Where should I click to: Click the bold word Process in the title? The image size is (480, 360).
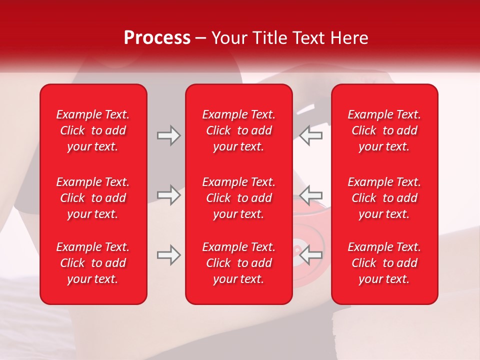point(157,38)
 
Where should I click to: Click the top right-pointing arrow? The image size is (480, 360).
point(168,135)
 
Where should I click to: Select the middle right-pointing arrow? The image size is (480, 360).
point(168,195)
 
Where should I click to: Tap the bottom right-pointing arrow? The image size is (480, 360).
point(168,255)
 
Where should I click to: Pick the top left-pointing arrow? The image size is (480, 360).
point(311,135)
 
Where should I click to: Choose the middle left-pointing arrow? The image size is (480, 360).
point(311,195)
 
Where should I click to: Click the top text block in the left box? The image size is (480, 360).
point(93,130)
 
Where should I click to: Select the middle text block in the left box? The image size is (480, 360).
point(93,198)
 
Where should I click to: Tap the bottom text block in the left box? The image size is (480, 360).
point(93,263)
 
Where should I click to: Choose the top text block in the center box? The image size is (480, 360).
point(239,130)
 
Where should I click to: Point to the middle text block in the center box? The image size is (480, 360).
point(239,198)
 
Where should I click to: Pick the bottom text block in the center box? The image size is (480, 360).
point(239,263)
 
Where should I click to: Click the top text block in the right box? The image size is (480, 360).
point(384,130)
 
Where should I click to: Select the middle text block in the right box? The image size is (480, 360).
point(384,198)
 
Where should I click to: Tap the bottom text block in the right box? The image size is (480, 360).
point(384,263)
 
